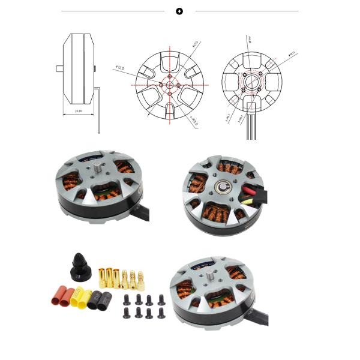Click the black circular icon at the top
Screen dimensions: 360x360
point(179,11)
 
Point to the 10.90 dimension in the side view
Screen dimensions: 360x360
point(79,111)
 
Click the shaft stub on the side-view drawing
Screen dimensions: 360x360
point(60,68)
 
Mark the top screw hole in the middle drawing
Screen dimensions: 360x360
point(170,76)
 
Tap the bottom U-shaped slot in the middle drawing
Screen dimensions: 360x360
point(170,112)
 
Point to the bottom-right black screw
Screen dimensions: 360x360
point(160,313)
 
